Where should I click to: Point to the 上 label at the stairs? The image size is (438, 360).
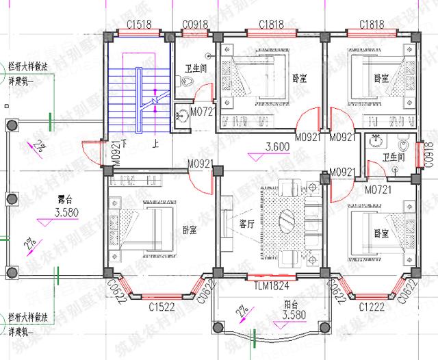156,145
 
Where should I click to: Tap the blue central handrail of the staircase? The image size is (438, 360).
139,100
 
